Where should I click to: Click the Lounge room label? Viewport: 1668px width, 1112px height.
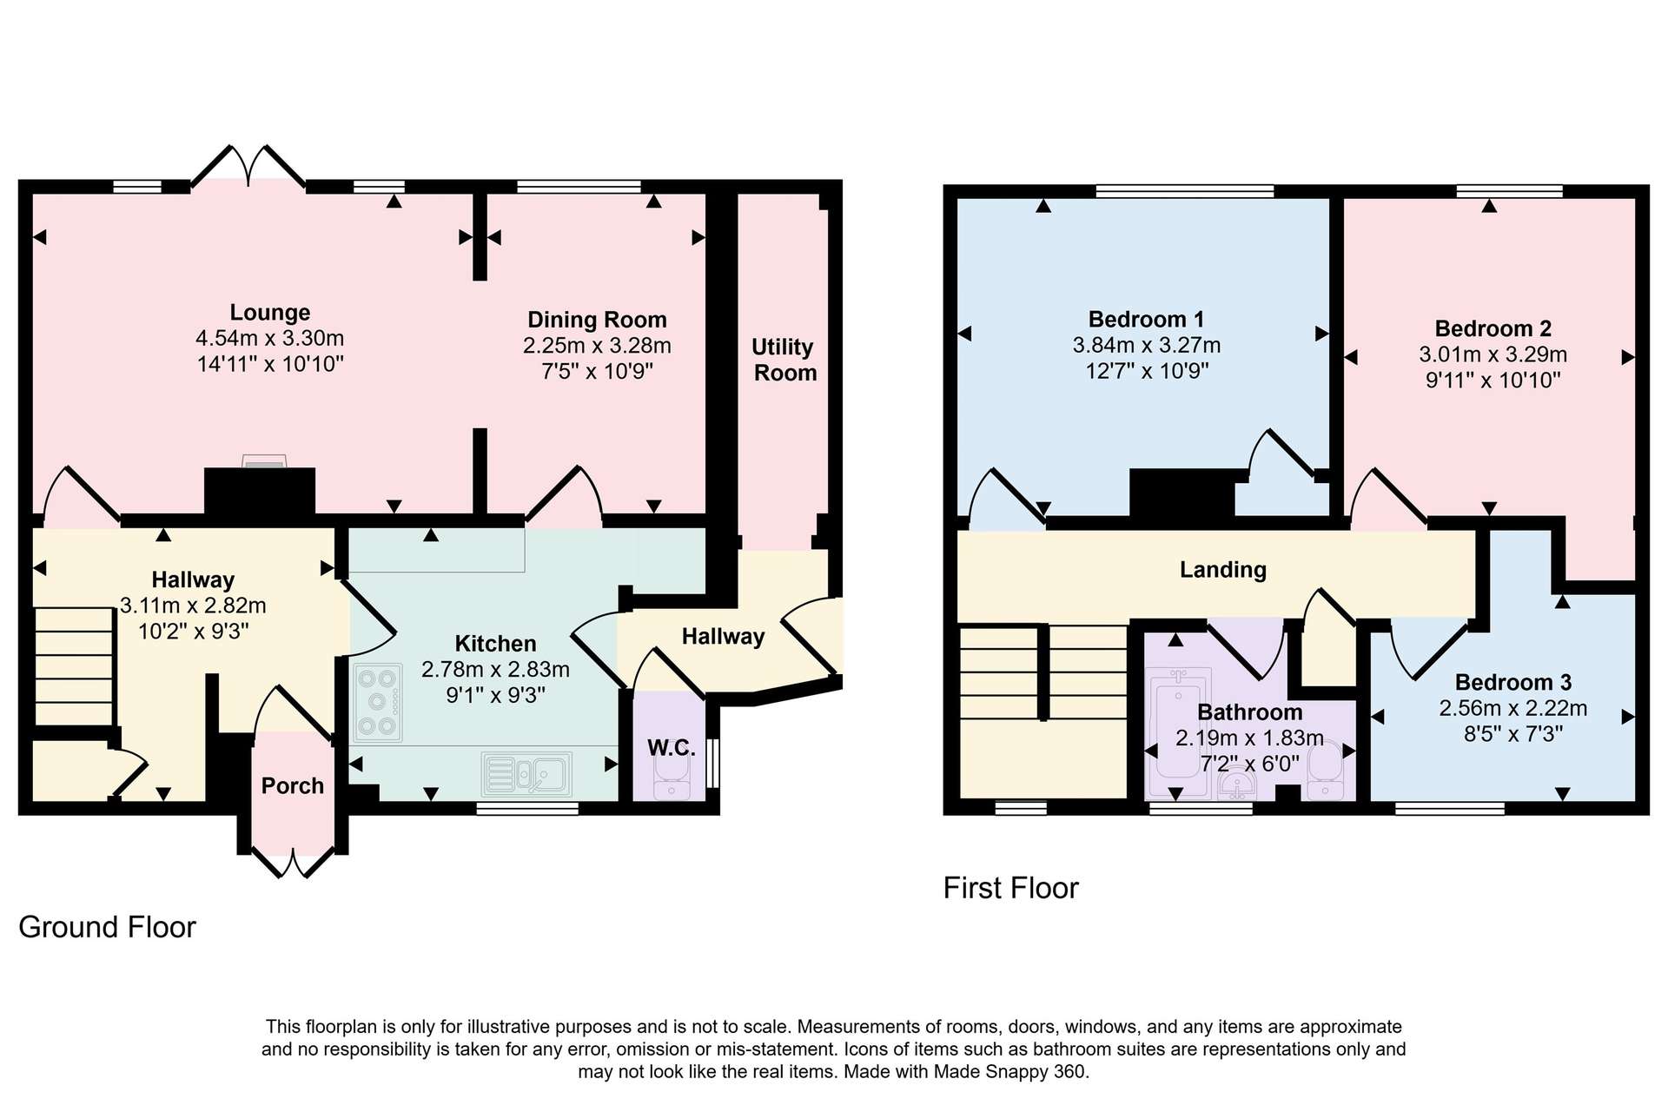[x=269, y=313]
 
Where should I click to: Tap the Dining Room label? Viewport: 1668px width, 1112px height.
[x=597, y=320]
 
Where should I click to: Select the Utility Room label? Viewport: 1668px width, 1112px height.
[x=784, y=360]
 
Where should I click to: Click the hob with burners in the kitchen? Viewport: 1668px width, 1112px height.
[x=378, y=703]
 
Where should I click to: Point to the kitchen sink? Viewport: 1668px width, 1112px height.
[x=526, y=774]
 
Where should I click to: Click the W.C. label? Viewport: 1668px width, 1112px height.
[x=671, y=748]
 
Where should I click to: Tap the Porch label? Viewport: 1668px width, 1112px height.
[x=293, y=786]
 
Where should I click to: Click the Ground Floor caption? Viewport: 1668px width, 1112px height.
[x=107, y=928]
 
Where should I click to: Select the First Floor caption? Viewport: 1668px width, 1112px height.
[x=1010, y=888]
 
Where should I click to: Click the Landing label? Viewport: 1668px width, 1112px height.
[x=1222, y=570]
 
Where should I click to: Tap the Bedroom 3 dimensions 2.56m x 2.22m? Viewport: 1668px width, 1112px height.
[x=1512, y=709]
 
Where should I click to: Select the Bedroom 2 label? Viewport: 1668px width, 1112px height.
[x=1493, y=329]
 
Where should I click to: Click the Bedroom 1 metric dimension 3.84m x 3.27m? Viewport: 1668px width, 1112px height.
[x=1146, y=346]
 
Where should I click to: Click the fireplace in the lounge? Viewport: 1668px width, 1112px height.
[x=260, y=491]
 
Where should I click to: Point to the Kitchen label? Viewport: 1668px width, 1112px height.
[x=495, y=644]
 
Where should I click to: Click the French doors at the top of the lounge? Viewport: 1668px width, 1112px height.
[x=248, y=166]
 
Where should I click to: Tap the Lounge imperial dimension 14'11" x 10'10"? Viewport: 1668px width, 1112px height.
[x=270, y=364]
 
